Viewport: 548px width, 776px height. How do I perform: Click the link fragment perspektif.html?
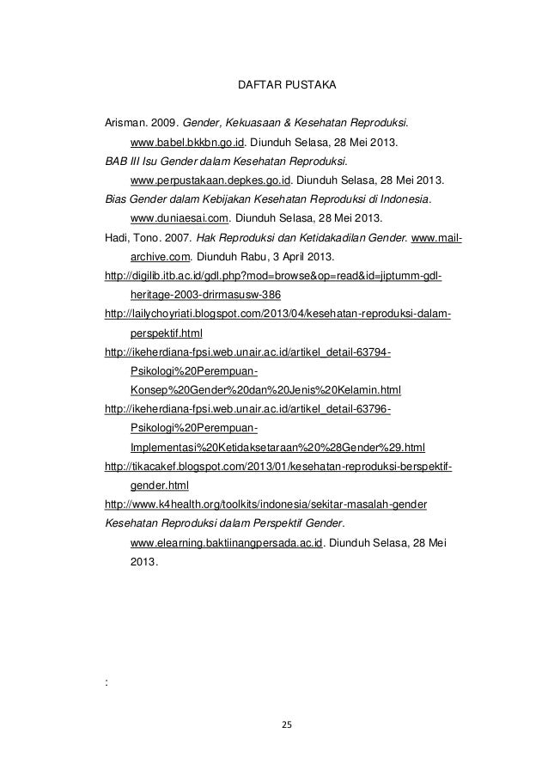tap(167, 333)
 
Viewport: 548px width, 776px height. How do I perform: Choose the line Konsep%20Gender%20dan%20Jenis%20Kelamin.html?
tap(259, 389)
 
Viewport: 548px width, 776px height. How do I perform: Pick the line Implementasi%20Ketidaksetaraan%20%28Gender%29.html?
tap(277, 447)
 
